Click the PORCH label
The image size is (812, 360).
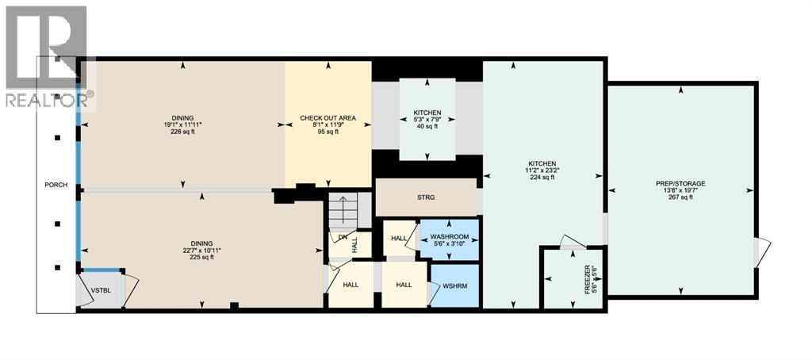(x=56, y=186)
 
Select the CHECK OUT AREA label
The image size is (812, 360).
(x=327, y=118)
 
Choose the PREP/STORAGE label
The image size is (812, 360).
(x=680, y=183)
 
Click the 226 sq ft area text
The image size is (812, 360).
(x=183, y=132)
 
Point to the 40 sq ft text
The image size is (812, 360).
(x=427, y=127)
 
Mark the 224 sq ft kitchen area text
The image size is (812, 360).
(x=543, y=178)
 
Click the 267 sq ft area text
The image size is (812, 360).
(x=680, y=197)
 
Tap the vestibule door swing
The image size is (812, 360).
(x=130, y=287)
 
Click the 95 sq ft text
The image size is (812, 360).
(x=327, y=132)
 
